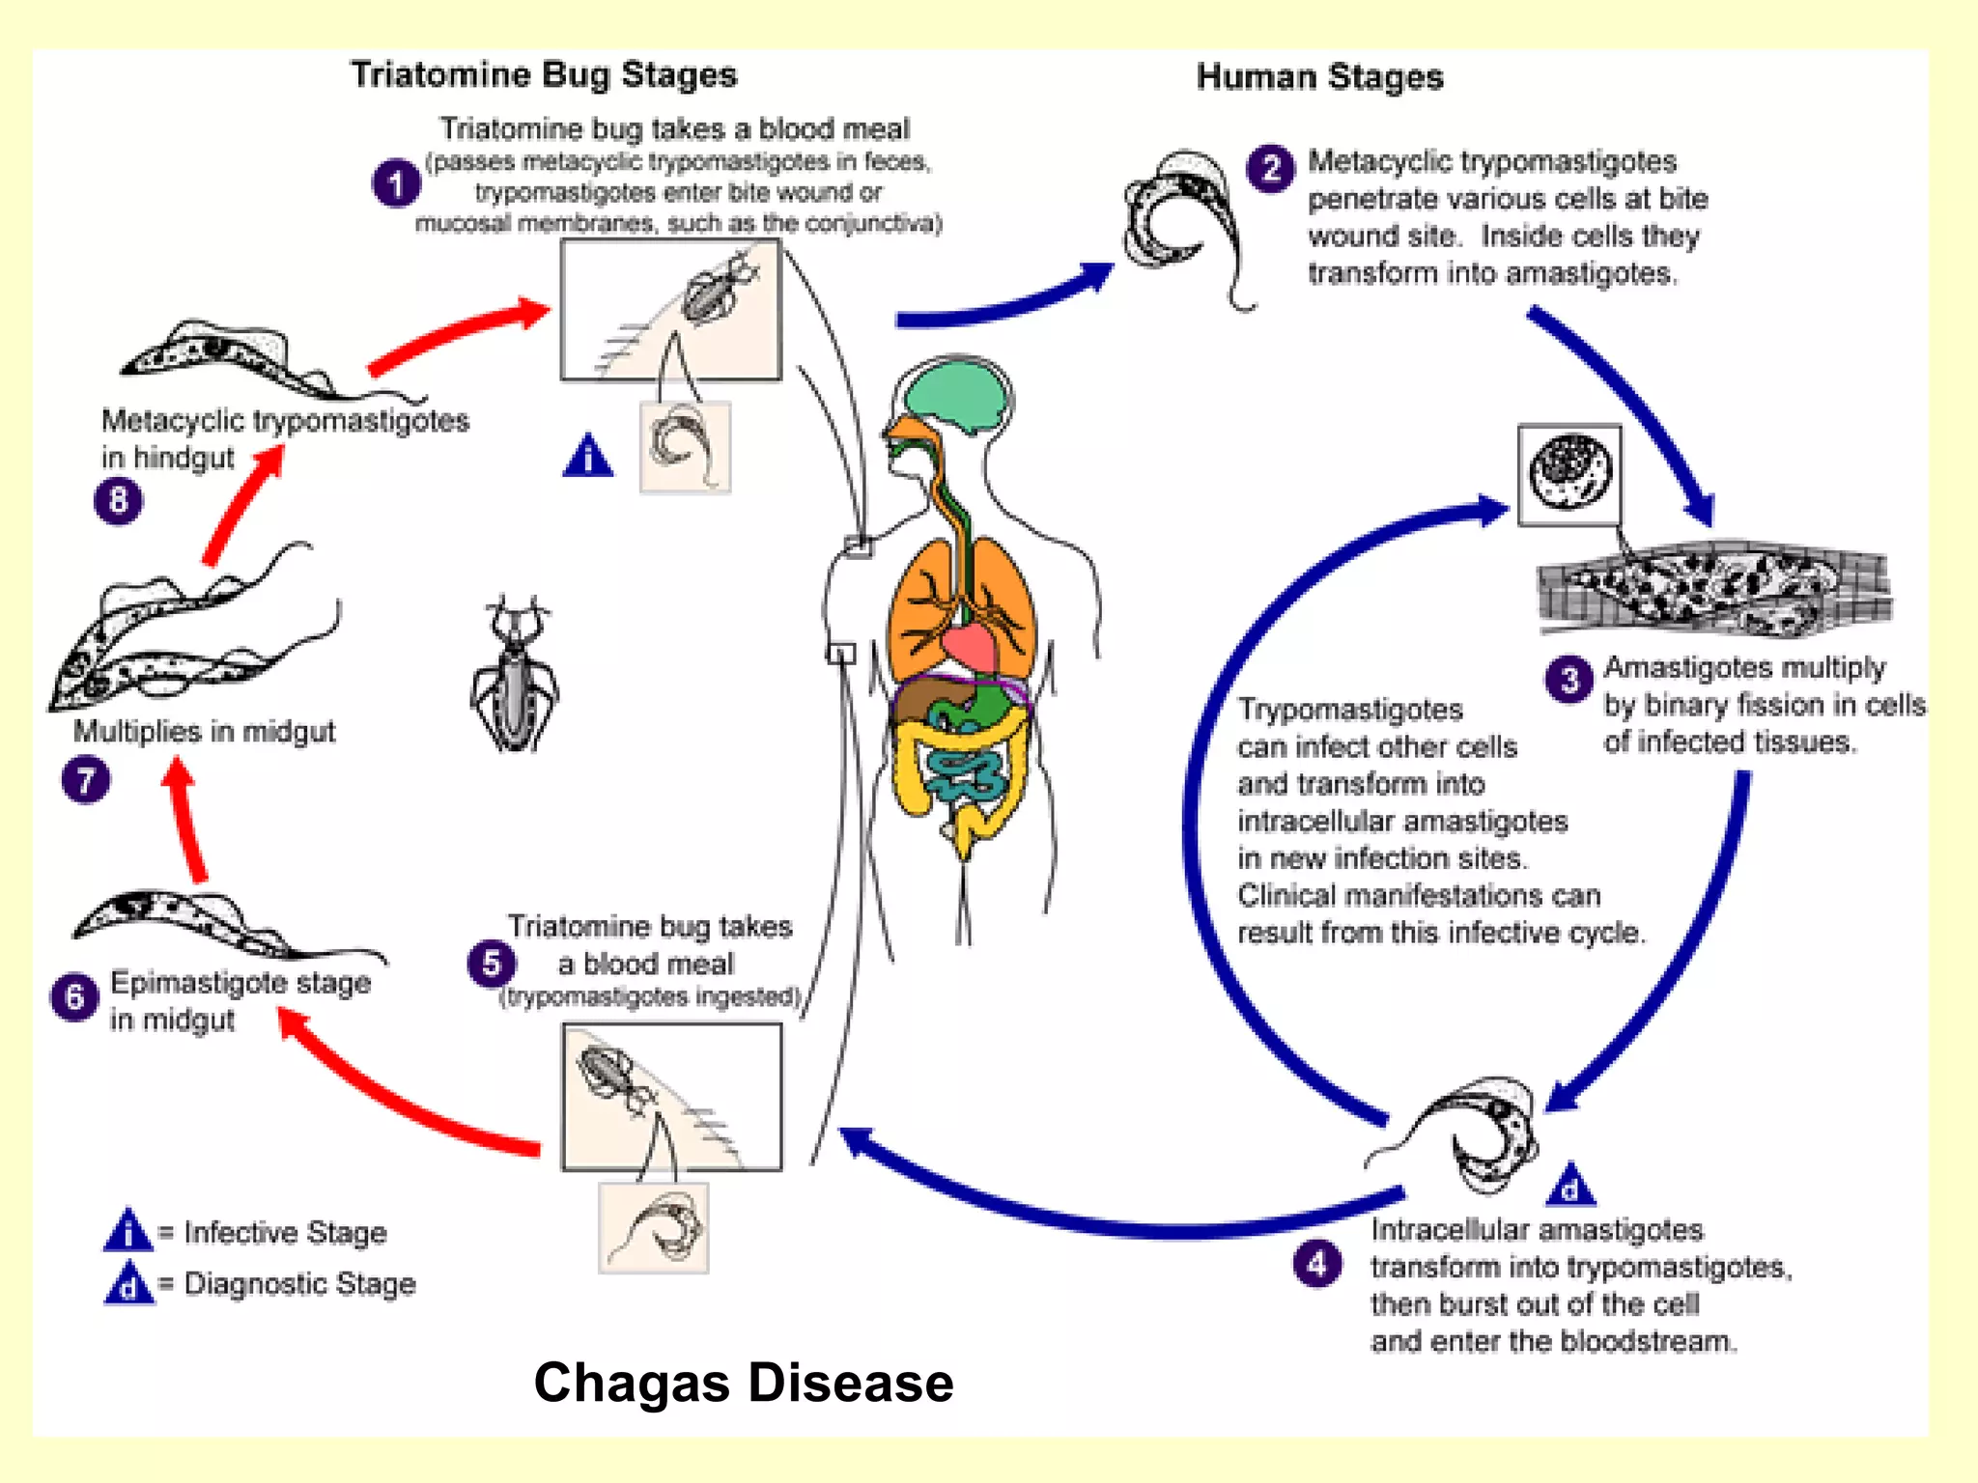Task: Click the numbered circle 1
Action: pos(396,183)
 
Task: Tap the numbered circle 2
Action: pos(1271,169)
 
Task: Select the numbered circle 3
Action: pos(1569,680)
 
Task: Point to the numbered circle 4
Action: pos(1317,1264)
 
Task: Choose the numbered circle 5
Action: pos(491,964)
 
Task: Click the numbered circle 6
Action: pos(74,996)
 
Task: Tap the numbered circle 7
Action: pos(85,780)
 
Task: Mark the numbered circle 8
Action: pos(118,500)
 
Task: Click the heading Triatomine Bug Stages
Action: pos(544,75)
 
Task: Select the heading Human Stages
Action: pos(1319,77)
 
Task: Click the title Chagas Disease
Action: pos(743,1383)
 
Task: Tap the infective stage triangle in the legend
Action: pos(127,1231)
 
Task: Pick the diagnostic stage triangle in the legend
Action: pos(128,1284)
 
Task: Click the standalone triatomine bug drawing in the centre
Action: pos(515,676)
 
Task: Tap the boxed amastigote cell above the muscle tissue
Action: pos(1569,474)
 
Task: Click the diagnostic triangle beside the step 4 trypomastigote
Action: pos(1570,1186)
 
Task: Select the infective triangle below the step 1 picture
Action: pos(588,457)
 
